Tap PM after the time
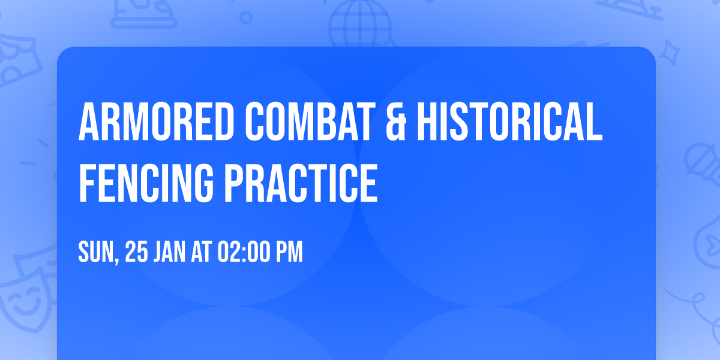pos(289,253)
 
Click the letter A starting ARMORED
pos(89,122)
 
